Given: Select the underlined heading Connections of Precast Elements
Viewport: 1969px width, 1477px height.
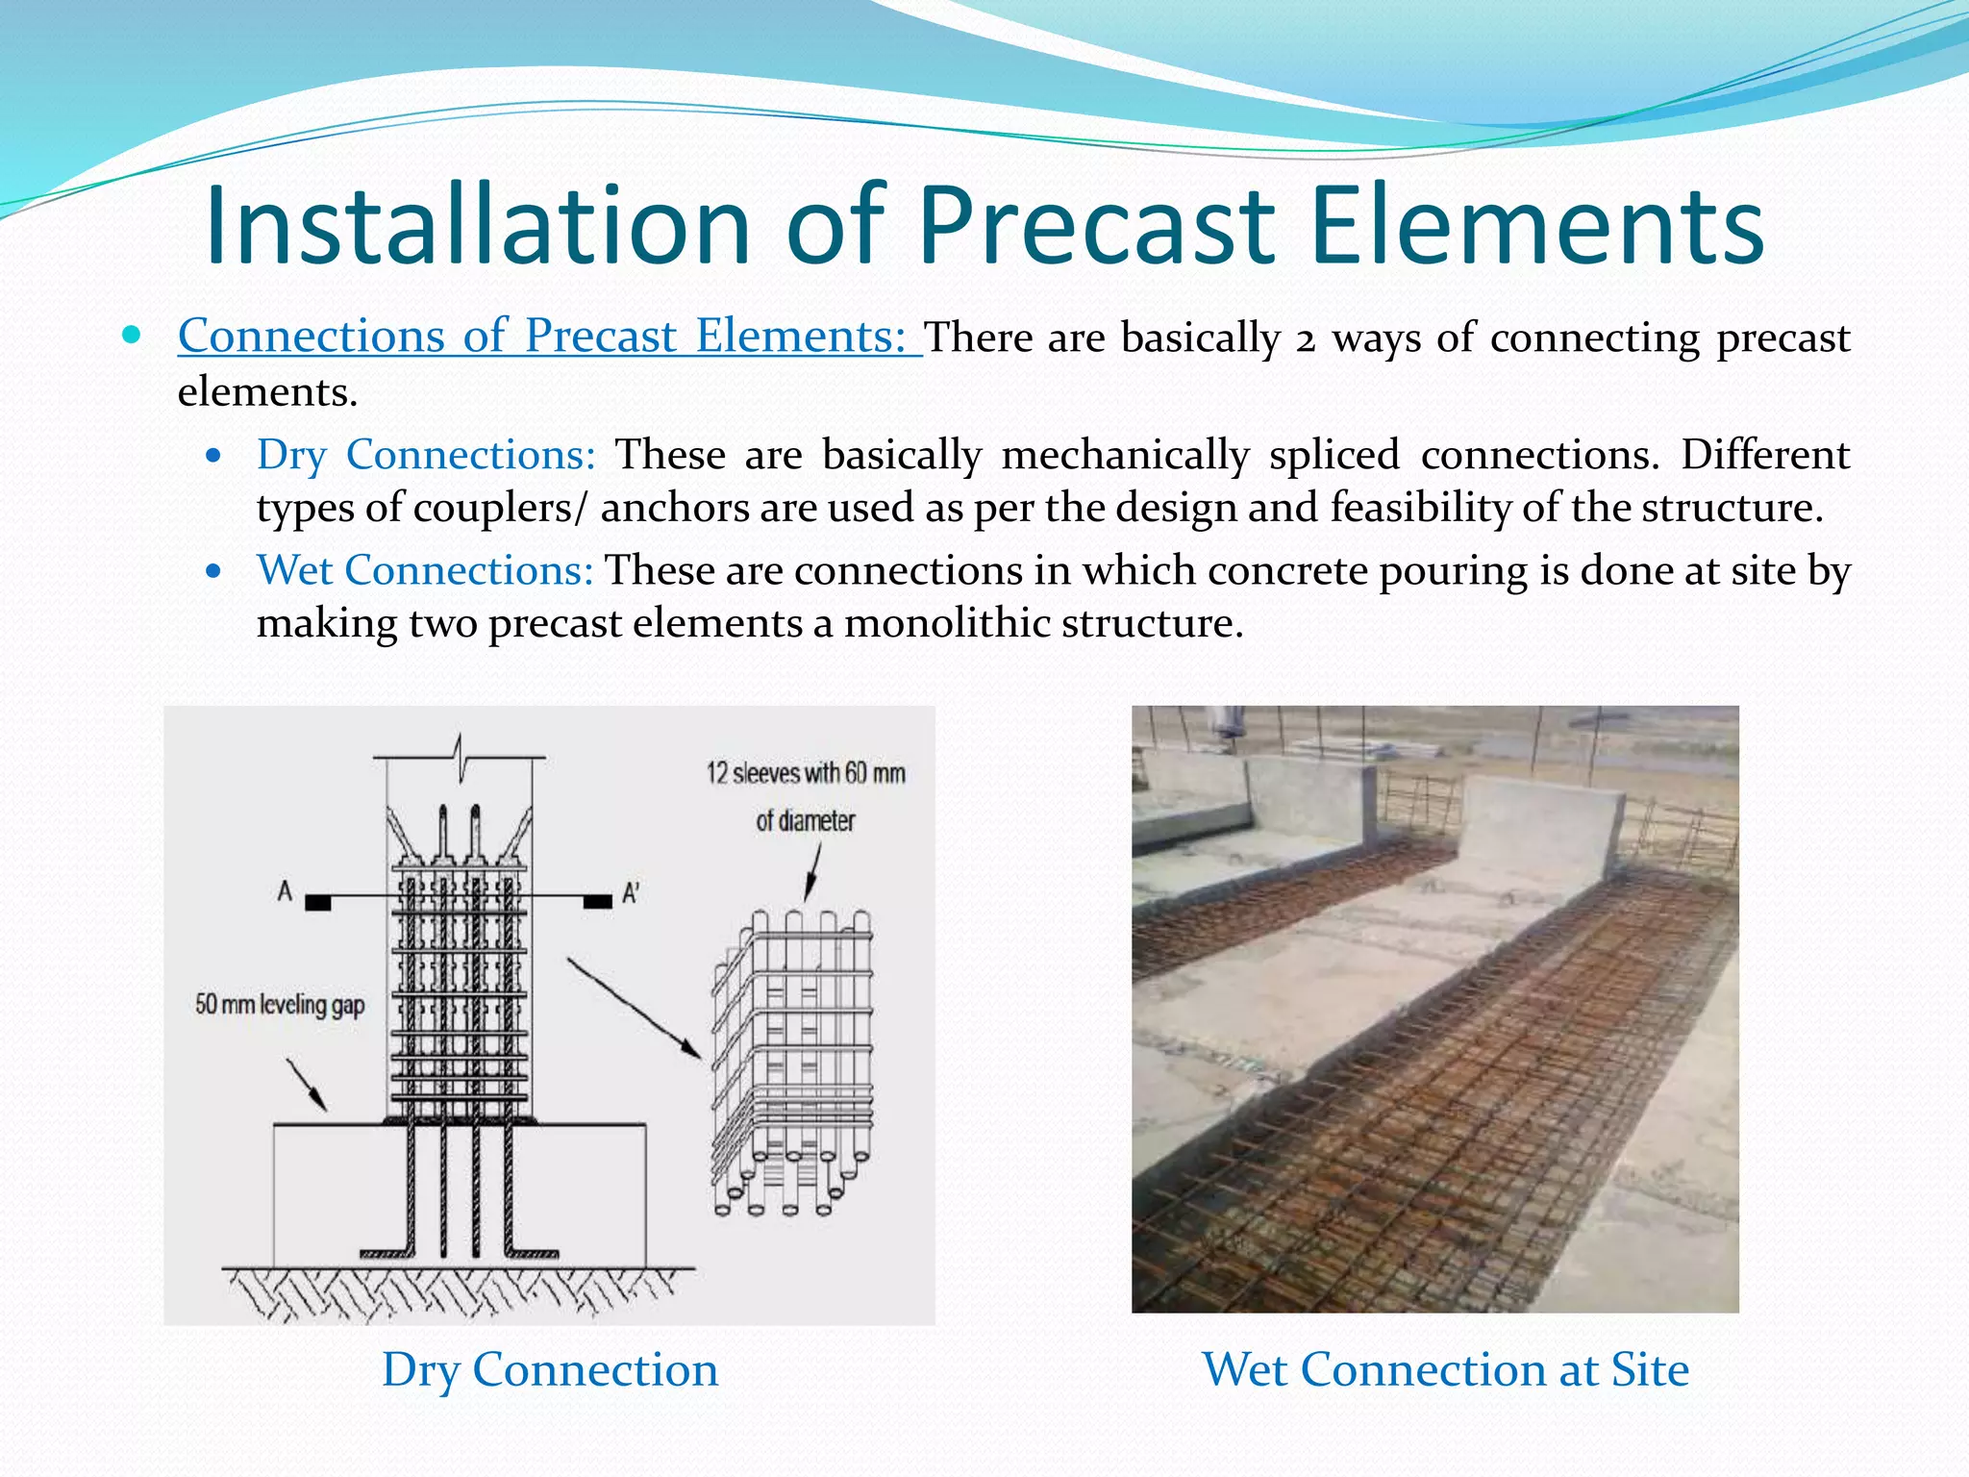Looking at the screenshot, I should (x=549, y=337).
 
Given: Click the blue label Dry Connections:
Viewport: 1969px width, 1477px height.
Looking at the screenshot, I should (x=426, y=455).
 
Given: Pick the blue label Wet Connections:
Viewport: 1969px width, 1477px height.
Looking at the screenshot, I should (x=425, y=570).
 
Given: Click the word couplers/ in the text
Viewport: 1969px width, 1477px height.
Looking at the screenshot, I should (x=499, y=508).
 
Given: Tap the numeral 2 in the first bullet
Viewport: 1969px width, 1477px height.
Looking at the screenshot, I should (x=1304, y=339).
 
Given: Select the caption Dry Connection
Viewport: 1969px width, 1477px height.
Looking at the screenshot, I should (x=549, y=1369).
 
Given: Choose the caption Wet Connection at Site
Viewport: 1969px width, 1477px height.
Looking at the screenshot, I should (x=1444, y=1369).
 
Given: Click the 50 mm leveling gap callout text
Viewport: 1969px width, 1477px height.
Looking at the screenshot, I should (x=280, y=1005).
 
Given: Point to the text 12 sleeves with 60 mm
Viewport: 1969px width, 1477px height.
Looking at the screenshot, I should (x=806, y=773).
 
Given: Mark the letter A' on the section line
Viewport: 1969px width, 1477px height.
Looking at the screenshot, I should (x=631, y=893).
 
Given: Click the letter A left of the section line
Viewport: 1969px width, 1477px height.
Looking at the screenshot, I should (x=285, y=891).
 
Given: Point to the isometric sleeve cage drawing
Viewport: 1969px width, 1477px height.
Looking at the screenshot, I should (x=792, y=1058).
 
